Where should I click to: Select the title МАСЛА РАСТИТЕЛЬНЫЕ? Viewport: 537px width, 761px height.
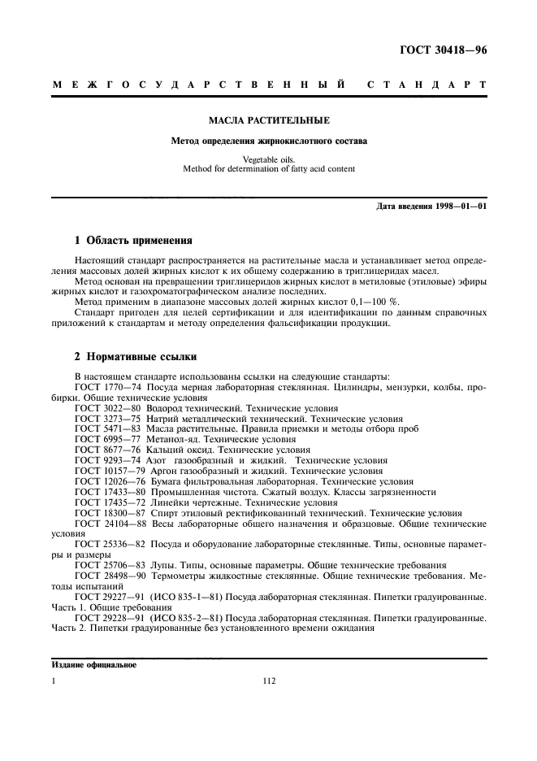point(269,121)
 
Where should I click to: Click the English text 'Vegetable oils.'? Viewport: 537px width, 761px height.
point(269,159)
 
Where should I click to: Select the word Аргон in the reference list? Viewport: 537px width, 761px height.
point(167,471)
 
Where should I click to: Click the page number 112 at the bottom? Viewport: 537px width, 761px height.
point(270,681)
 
